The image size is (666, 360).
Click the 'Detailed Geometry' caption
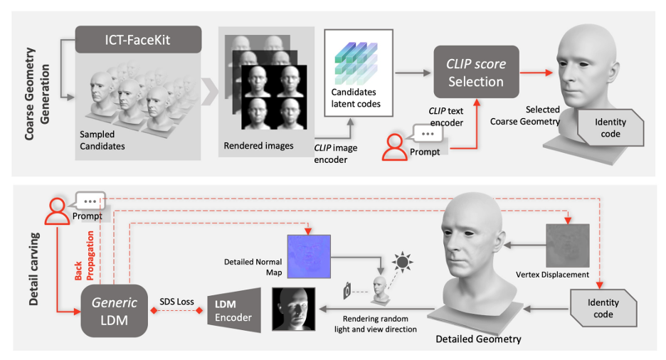pos(477,339)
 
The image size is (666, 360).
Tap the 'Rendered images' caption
pos(258,146)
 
